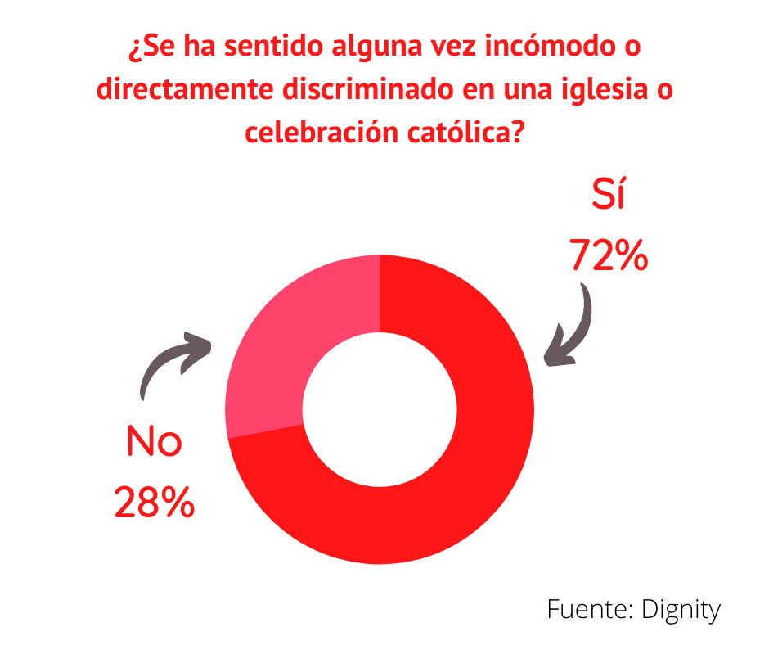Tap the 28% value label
click(x=154, y=502)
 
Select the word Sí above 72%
click(x=608, y=196)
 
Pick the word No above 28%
click(x=154, y=443)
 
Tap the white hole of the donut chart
click(x=380, y=409)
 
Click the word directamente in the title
click(x=183, y=89)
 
